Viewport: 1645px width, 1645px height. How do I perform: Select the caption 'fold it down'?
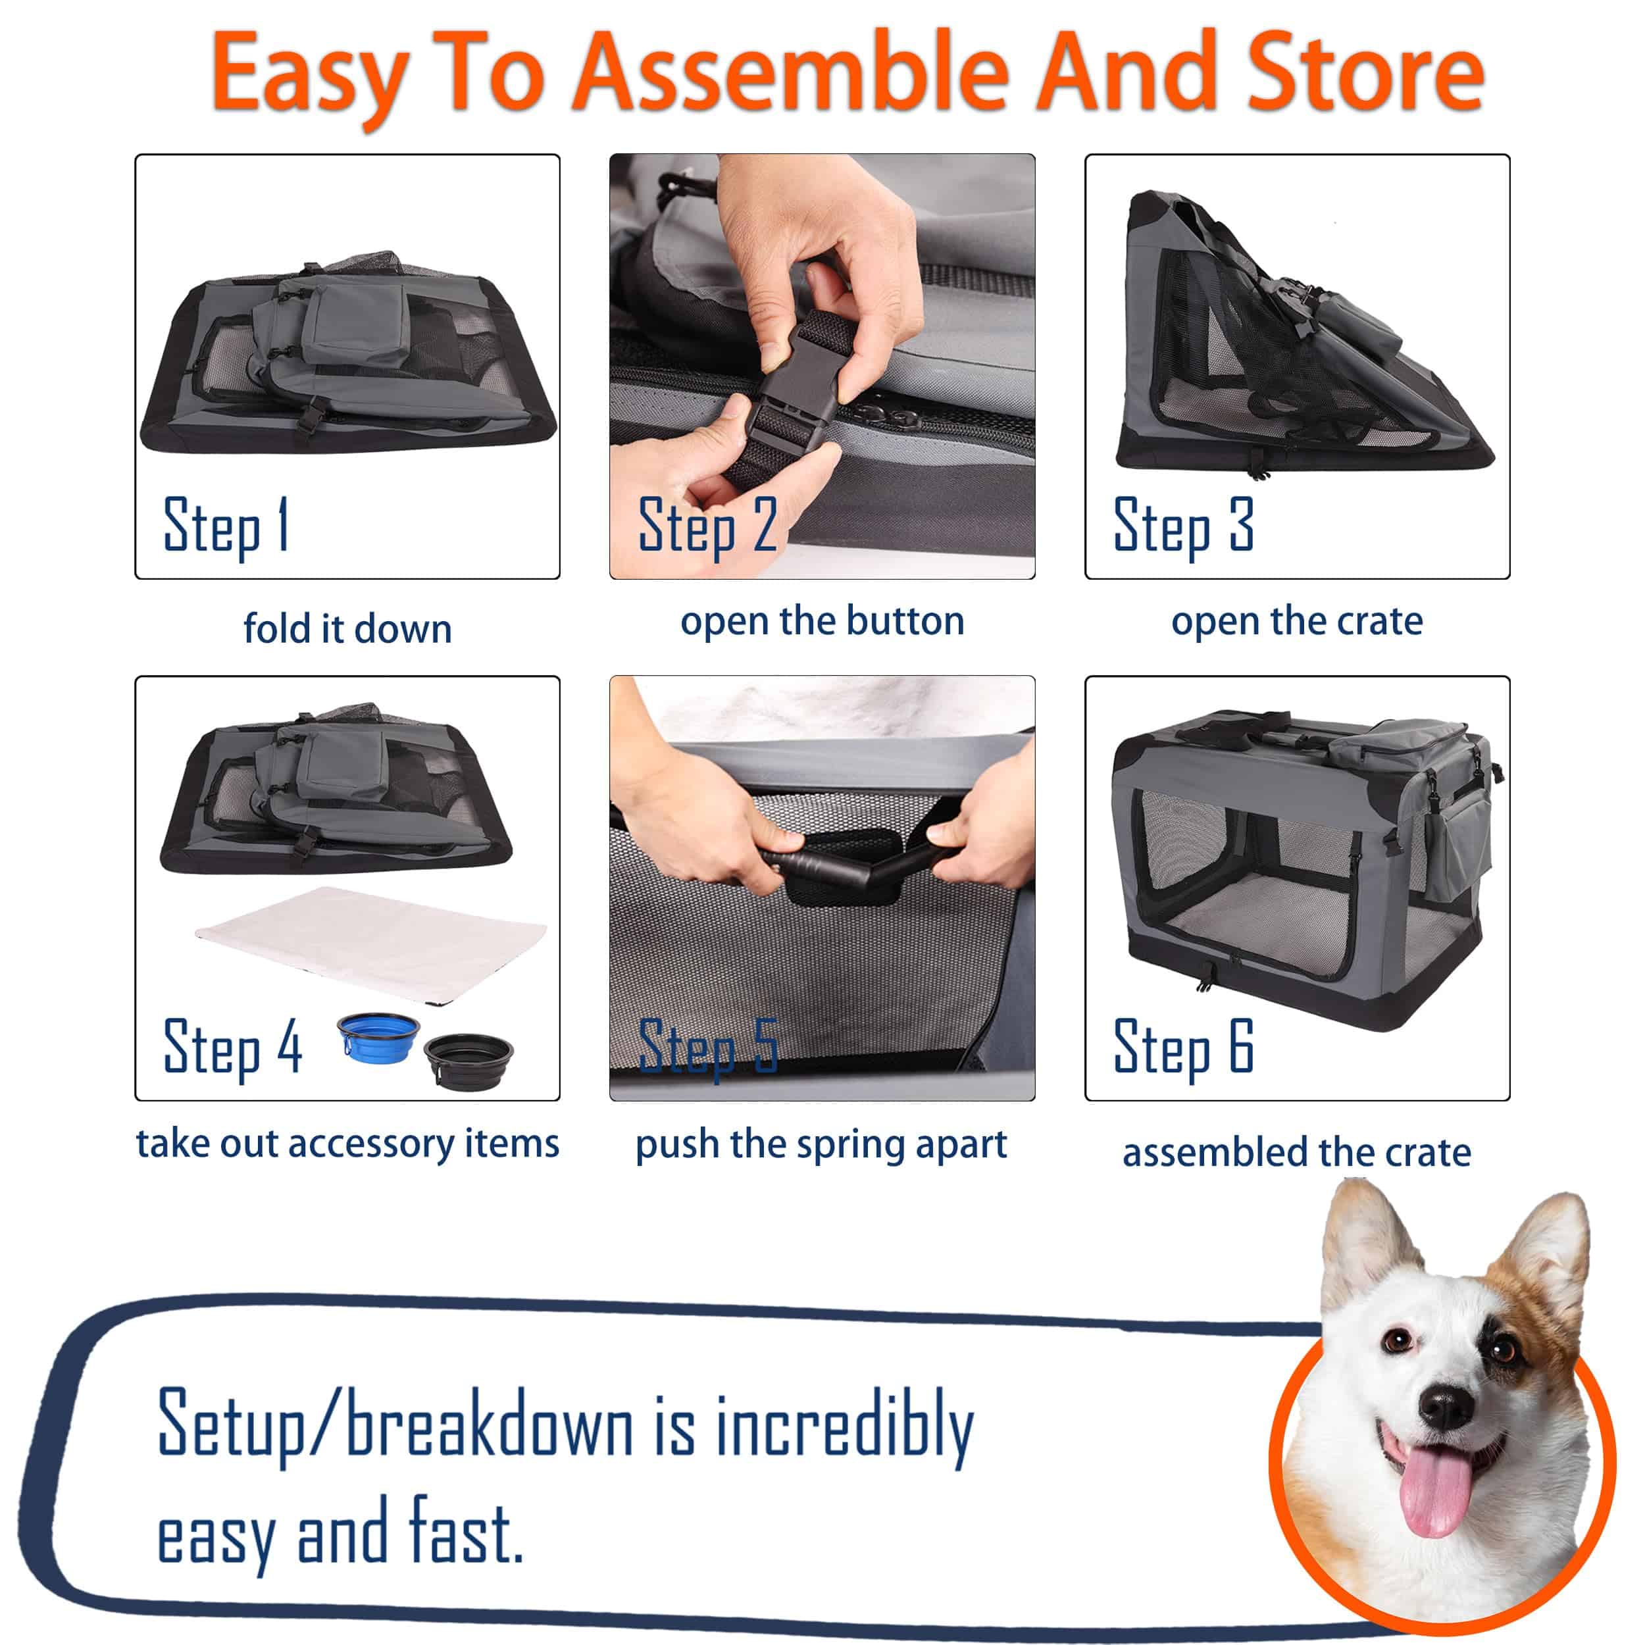(347, 629)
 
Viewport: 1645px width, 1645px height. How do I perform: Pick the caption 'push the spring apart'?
(821, 1144)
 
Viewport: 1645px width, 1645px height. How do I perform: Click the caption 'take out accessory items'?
(347, 1144)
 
